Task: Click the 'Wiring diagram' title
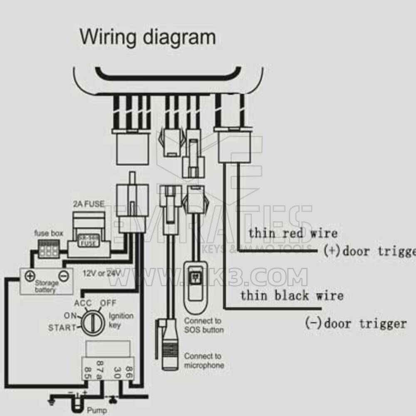click(x=148, y=37)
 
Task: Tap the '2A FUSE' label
click(x=88, y=204)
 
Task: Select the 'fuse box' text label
click(x=49, y=233)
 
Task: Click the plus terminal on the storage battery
click(x=30, y=275)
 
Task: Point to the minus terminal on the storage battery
click(x=62, y=275)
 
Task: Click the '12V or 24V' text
click(x=102, y=273)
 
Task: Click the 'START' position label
click(x=62, y=327)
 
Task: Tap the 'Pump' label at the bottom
click(x=97, y=411)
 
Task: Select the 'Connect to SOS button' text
click(x=204, y=325)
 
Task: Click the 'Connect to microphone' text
click(x=204, y=361)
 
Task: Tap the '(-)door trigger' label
click(x=355, y=323)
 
